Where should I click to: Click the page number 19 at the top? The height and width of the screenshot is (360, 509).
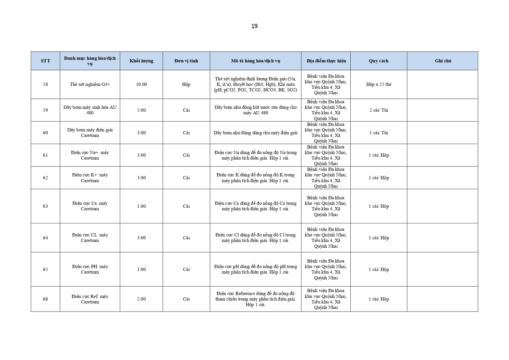click(x=254, y=26)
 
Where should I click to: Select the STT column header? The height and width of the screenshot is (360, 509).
click(x=46, y=61)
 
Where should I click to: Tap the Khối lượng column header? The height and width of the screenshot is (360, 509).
click(x=141, y=61)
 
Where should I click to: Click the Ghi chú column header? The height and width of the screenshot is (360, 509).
click(x=443, y=61)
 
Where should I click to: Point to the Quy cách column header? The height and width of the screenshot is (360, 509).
click(x=378, y=61)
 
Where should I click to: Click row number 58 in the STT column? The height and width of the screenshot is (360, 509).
click(x=46, y=84)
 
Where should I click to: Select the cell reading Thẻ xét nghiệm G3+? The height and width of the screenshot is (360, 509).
click(x=90, y=84)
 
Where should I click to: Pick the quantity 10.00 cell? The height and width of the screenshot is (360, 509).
click(x=141, y=84)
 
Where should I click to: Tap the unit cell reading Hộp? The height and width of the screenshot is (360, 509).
click(x=186, y=84)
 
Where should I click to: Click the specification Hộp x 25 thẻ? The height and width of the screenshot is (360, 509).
click(x=378, y=84)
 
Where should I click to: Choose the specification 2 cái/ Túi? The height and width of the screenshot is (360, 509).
click(x=378, y=110)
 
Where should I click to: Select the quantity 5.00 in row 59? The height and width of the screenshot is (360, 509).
click(x=141, y=110)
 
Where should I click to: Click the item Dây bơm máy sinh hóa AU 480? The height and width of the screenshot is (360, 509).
click(x=90, y=110)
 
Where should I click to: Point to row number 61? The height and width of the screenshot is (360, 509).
click(x=46, y=155)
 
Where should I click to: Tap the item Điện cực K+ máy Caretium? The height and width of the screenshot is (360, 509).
click(x=90, y=178)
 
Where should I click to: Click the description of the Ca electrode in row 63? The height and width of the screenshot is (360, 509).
click(x=256, y=206)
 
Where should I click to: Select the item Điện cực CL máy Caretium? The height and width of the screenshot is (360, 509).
click(x=90, y=238)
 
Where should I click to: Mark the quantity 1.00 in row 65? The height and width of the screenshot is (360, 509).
click(x=141, y=269)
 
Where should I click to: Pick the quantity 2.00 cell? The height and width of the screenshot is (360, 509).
click(x=141, y=299)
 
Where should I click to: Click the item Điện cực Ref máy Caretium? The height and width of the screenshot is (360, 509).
click(x=90, y=299)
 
